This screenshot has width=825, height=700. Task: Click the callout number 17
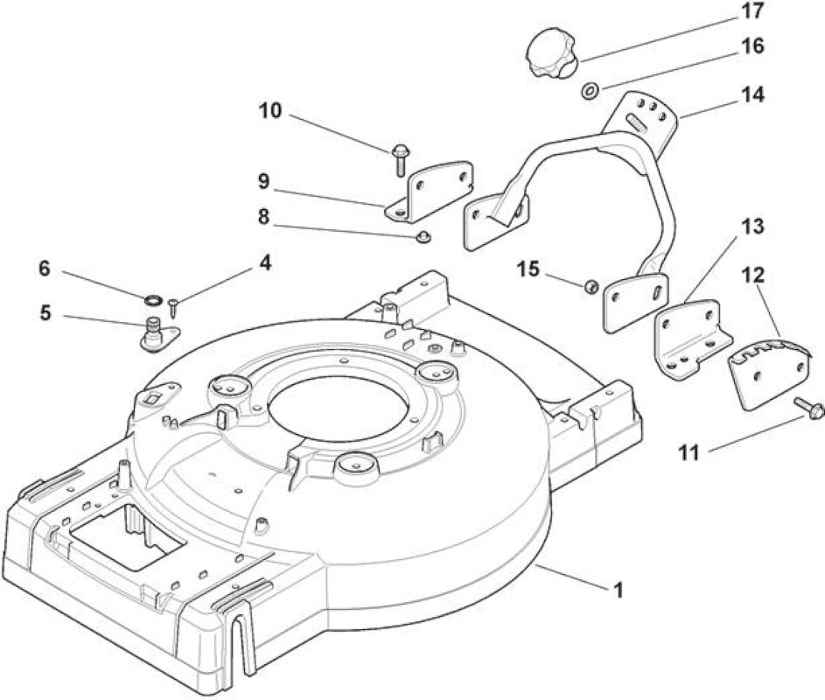click(752, 11)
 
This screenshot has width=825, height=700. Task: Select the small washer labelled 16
click(591, 91)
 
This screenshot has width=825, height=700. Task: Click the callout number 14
click(752, 94)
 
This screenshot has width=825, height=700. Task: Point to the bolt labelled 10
click(398, 159)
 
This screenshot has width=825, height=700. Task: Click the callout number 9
click(263, 182)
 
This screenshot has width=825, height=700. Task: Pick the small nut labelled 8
click(423, 237)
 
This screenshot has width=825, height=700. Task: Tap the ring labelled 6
click(153, 300)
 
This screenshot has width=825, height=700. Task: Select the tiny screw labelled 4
click(173, 307)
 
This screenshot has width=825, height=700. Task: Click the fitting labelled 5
click(157, 334)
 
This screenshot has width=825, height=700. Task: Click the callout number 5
click(45, 313)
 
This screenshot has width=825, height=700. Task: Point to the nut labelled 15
click(592, 286)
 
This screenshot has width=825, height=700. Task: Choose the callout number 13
click(753, 227)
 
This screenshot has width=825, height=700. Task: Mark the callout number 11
click(689, 451)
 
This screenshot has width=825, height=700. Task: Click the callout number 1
click(619, 590)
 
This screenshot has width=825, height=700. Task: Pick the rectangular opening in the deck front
click(128, 535)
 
